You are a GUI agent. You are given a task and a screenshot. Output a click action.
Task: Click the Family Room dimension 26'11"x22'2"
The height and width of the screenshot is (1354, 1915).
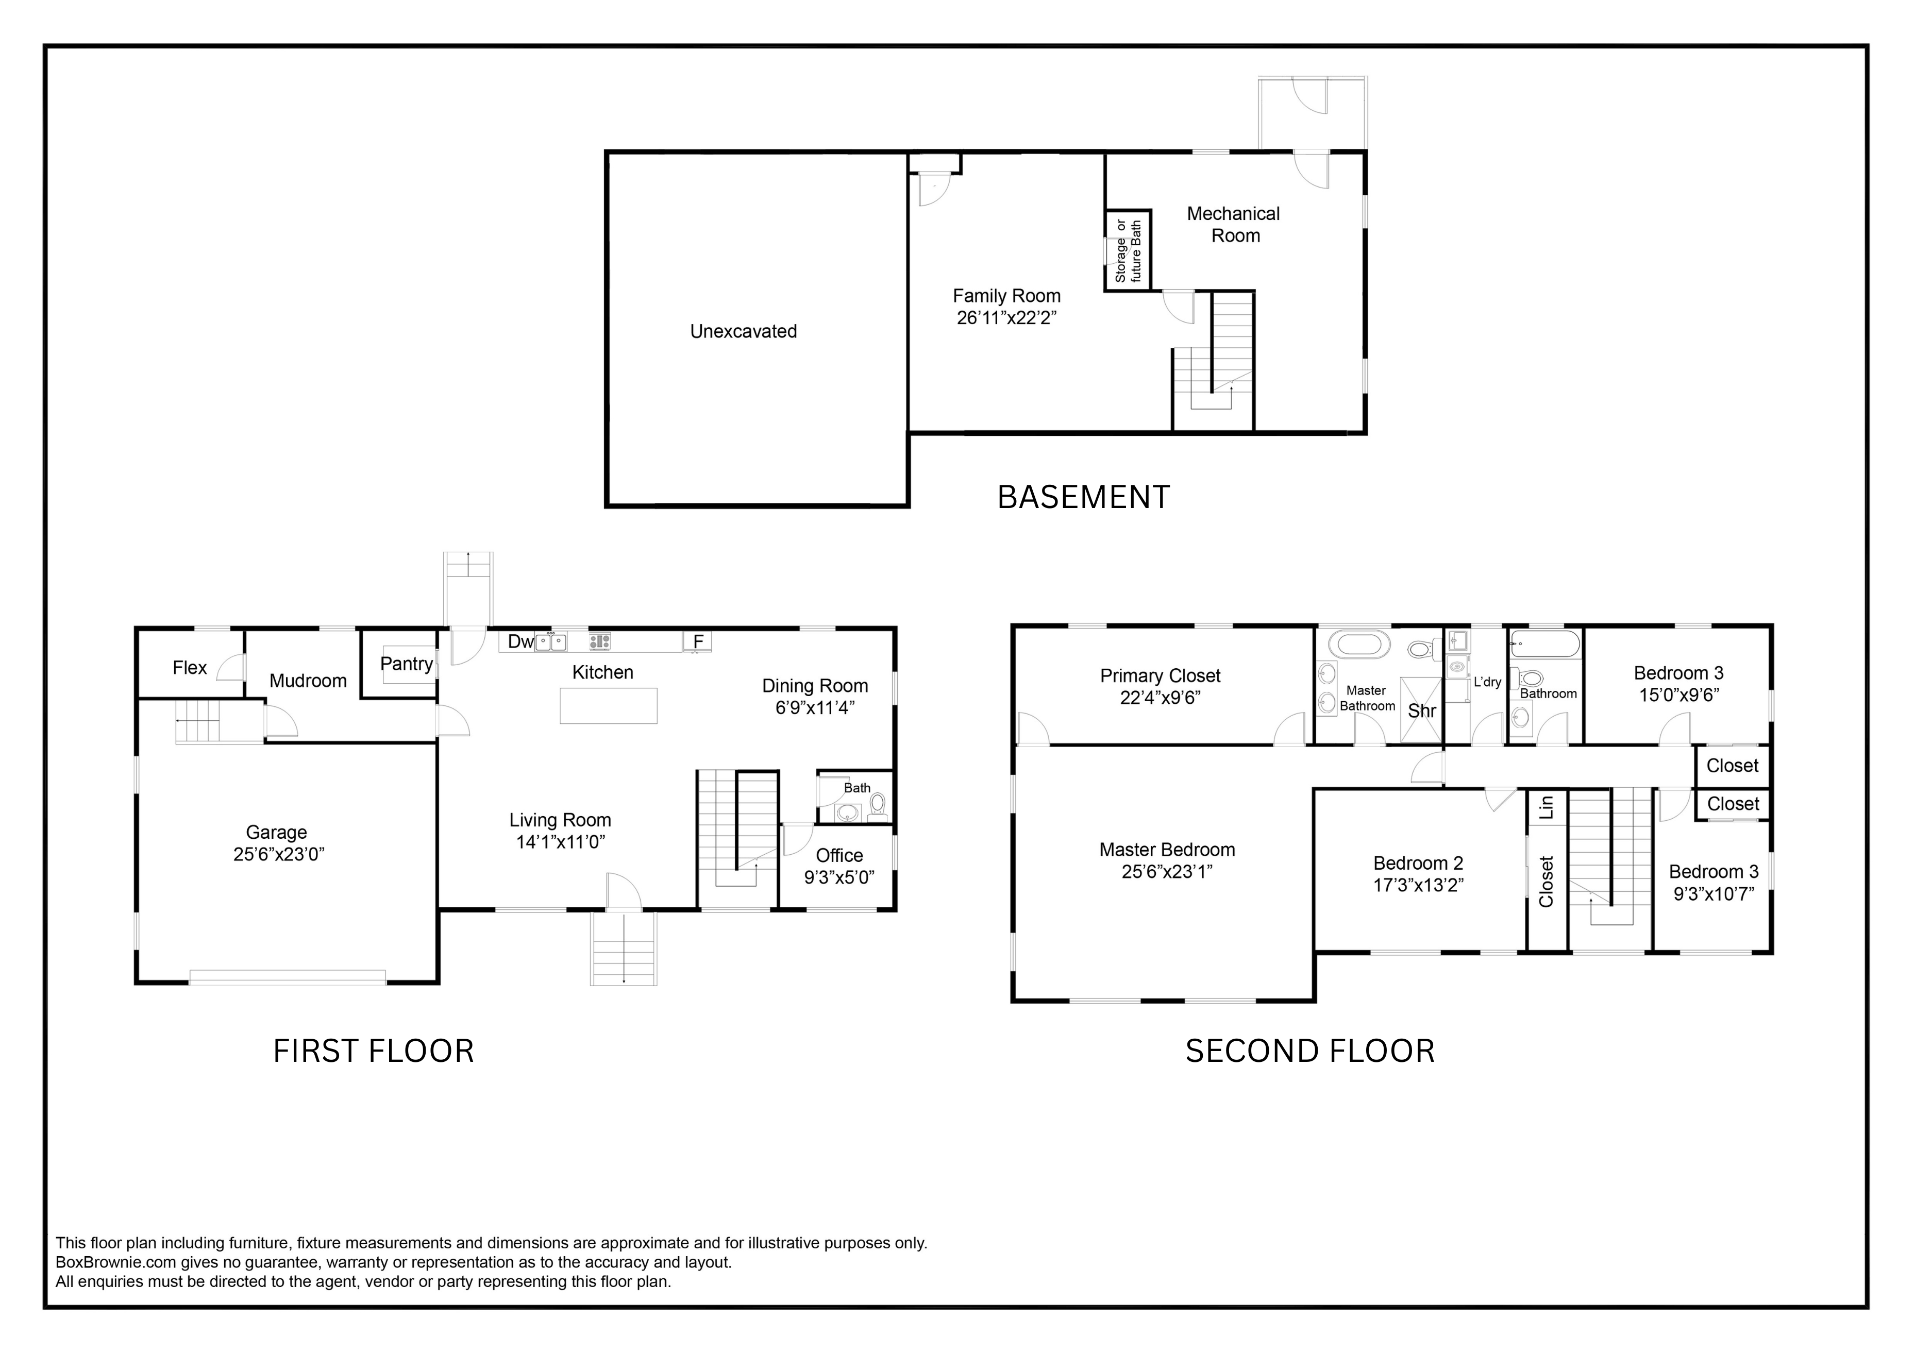coord(1006,318)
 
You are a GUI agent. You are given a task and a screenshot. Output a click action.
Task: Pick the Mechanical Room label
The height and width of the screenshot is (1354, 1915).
coord(1234,224)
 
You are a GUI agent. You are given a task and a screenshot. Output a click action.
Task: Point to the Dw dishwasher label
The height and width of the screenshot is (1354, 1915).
coord(520,641)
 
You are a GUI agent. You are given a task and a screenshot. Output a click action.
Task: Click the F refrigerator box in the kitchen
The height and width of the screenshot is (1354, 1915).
coord(698,641)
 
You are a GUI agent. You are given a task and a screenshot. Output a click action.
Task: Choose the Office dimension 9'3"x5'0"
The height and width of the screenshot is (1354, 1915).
coord(839,877)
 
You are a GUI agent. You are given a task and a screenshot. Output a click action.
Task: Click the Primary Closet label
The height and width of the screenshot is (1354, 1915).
coord(1160,675)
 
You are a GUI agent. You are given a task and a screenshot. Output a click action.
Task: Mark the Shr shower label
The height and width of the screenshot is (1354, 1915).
coord(1421,710)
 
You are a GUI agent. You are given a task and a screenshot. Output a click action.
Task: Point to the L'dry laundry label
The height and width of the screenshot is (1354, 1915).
coord(1487,682)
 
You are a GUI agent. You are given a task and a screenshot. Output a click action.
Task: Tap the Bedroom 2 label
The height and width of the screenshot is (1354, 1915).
coord(1418,863)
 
